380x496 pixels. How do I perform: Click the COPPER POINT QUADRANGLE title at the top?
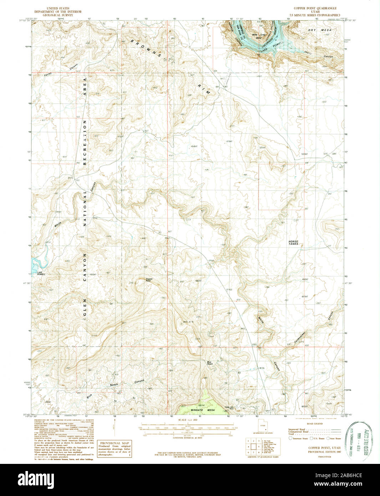315,8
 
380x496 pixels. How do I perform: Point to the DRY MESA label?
320,30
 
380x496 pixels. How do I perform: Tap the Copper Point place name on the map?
149,280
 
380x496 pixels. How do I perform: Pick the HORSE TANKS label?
293,243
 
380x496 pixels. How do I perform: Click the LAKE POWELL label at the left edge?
41,274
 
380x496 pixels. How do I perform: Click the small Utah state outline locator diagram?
262,426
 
